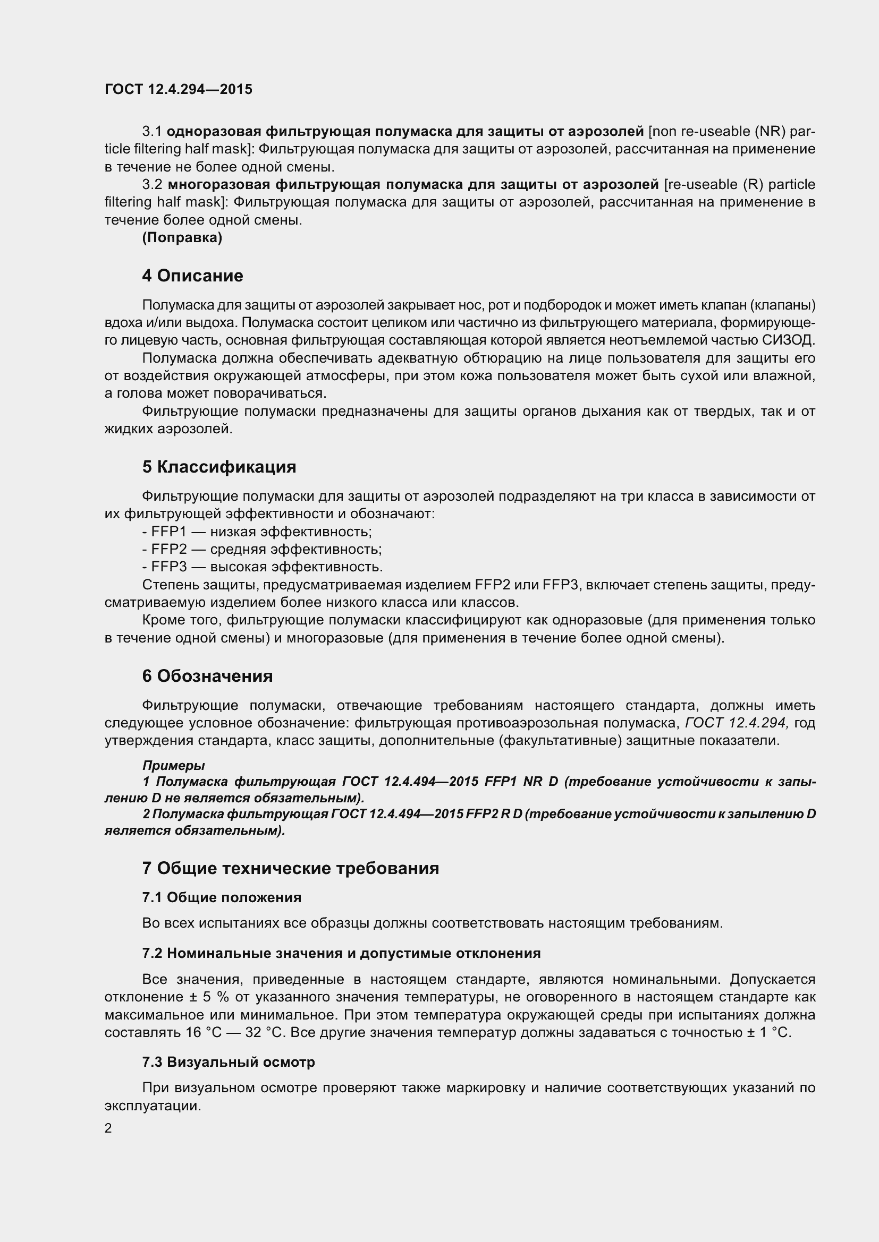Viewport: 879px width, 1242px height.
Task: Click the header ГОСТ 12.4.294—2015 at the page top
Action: pyautogui.click(x=178, y=89)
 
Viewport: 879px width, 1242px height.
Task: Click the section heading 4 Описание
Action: pyautogui.click(x=192, y=276)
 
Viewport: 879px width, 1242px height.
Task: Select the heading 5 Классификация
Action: pyautogui.click(x=218, y=467)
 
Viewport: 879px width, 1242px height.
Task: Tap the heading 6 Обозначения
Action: pyautogui.click(x=207, y=676)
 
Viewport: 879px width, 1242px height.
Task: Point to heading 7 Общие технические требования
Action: pyautogui.click(x=290, y=868)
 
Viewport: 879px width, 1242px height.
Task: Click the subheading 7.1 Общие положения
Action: pyautogui.click(x=222, y=897)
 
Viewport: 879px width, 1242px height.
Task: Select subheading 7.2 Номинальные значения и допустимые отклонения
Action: pyautogui.click(x=341, y=953)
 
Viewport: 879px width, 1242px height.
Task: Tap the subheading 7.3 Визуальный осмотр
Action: pyautogui.click(x=229, y=1062)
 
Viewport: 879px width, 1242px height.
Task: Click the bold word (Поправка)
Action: pyautogui.click(x=182, y=237)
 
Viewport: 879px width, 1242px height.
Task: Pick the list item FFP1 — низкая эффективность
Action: pyautogui.click(x=258, y=532)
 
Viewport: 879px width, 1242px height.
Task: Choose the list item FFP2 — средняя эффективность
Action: pyautogui.click(x=263, y=550)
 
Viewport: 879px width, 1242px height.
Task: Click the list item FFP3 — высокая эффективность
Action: pyautogui.click(x=263, y=567)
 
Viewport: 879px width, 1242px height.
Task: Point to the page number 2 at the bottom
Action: pyautogui.click(x=108, y=1128)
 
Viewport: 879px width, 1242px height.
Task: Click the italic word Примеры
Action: pyautogui.click(x=173, y=766)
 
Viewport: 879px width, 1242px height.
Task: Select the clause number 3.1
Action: pyautogui.click(x=152, y=132)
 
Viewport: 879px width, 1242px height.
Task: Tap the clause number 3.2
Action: pyautogui.click(x=152, y=184)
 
